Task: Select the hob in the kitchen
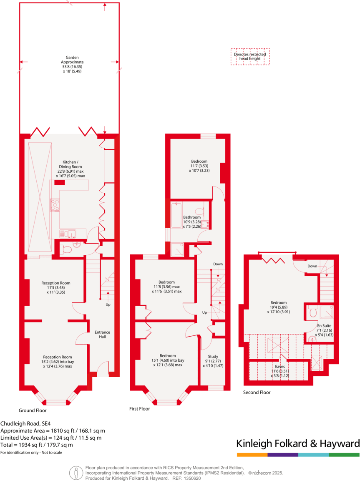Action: [x=55, y=204]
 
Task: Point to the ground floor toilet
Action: [x=66, y=250]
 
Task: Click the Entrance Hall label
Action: [x=102, y=334]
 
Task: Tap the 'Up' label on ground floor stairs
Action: [x=108, y=304]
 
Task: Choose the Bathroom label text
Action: [x=192, y=217]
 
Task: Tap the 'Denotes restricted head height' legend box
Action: [x=250, y=56]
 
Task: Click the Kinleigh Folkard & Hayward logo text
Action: [x=298, y=443]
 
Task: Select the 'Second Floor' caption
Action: [x=257, y=392]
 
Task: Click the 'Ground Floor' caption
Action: [x=33, y=410]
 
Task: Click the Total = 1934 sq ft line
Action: [x=37, y=445]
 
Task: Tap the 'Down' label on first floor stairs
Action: [x=218, y=264]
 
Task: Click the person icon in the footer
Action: [x=76, y=472]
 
